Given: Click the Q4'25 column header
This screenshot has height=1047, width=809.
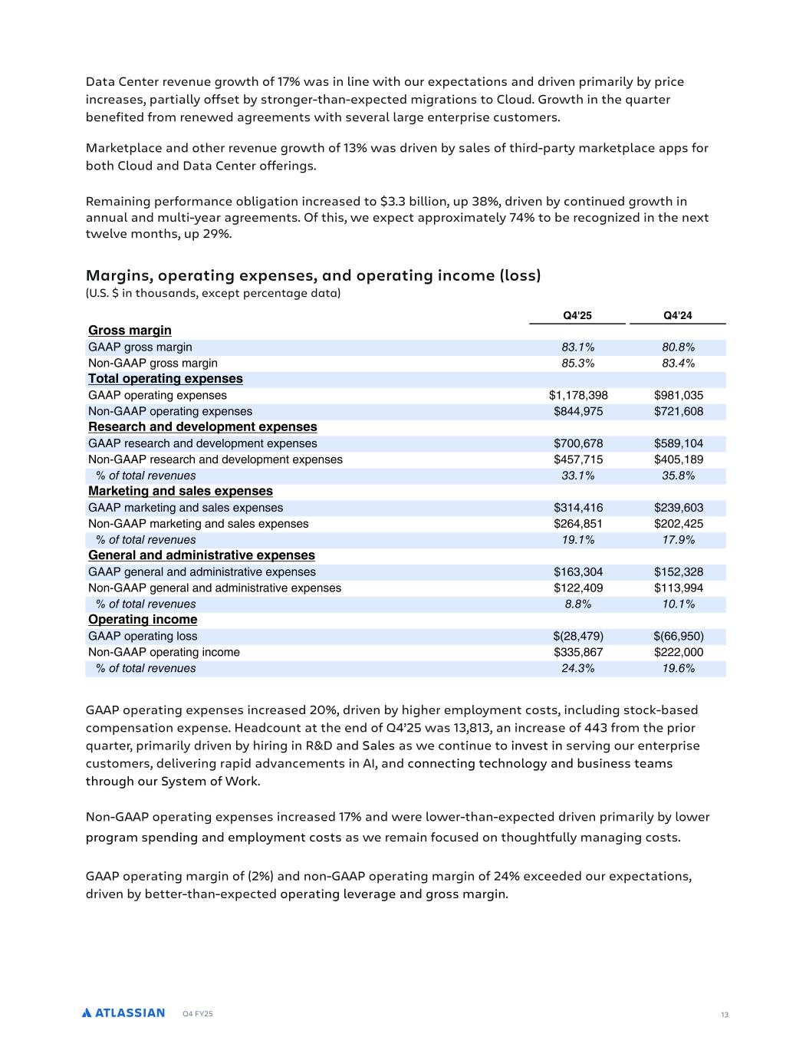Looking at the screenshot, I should (x=577, y=315).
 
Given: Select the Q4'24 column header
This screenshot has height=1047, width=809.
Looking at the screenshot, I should (x=678, y=315).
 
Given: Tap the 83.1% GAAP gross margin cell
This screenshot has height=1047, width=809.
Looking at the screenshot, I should (x=577, y=347).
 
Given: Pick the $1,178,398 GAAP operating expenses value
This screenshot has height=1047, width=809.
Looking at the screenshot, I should (x=578, y=396).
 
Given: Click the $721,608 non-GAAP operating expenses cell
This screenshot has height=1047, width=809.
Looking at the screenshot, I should (x=678, y=412).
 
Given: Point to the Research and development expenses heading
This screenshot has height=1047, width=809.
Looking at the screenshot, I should (x=202, y=427).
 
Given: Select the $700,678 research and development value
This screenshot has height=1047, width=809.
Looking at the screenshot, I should (x=578, y=444).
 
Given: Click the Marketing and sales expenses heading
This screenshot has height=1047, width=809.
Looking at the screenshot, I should (x=180, y=492).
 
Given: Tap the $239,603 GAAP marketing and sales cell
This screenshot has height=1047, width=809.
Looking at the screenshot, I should (x=678, y=508).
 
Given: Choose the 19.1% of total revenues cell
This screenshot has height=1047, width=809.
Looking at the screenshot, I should (x=577, y=540).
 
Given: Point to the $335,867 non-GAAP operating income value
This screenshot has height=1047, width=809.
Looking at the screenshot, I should (x=578, y=653).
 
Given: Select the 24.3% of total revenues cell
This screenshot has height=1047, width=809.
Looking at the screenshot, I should (x=577, y=669).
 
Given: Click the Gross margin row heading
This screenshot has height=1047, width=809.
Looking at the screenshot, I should (x=130, y=331).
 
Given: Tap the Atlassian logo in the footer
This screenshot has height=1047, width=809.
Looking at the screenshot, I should (x=123, y=1013).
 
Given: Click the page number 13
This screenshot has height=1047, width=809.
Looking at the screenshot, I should (x=724, y=1016).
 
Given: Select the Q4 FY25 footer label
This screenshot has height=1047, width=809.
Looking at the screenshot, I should (x=198, y=1014).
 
